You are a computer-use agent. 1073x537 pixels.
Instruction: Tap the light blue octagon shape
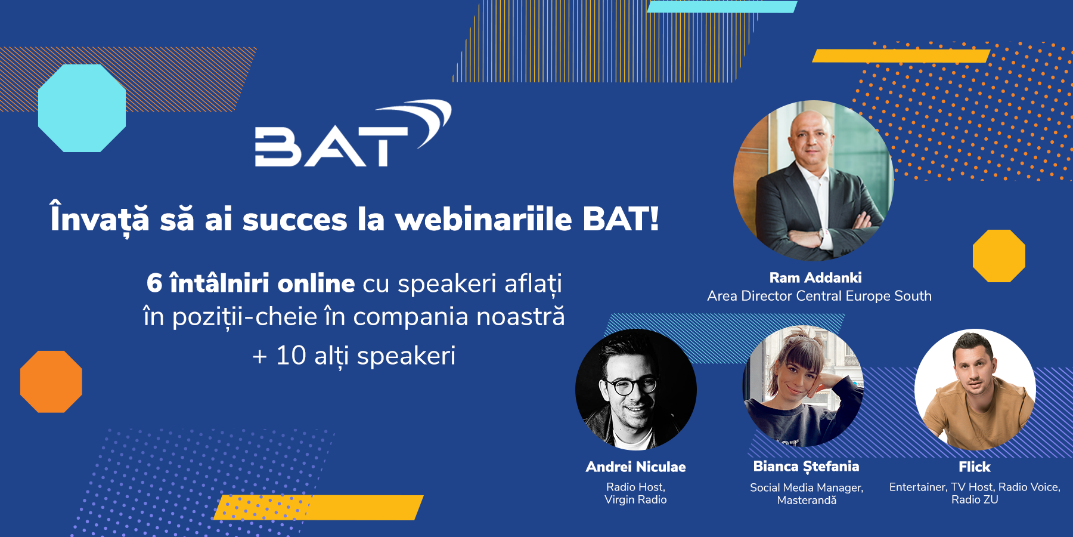(x=82, y=108)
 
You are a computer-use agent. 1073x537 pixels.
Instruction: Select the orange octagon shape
(x=51, y=382)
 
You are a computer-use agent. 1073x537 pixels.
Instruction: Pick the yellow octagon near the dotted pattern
(x=999, y=256)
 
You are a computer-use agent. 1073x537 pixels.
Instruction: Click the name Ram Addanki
(x=815, y=277)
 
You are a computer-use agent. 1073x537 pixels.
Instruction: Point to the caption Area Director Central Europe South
(x=819, y=296)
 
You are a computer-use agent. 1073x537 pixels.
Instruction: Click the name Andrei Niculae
(x=635, y=467)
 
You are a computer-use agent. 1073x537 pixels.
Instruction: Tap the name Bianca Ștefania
(x=806, y=467)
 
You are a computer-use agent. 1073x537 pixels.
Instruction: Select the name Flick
(x=975, y=467)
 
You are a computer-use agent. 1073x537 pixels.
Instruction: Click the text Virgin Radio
(x=635, y=500)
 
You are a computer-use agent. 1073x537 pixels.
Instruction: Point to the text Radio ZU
(x=975, y=500)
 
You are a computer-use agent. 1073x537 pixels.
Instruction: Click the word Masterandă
(x=807, y=500)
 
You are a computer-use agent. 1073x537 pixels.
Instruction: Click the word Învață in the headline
(x=100, y=219)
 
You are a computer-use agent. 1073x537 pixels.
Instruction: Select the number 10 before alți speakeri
(x=291, y=356)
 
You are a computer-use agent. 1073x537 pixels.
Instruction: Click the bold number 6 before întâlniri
(x=154, y=283)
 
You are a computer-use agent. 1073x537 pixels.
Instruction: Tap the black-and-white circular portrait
(x=636, y=389)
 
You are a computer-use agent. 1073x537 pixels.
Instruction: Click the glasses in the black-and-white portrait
(x=631, y=386)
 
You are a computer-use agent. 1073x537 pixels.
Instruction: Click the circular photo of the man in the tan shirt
(x=975, y=390)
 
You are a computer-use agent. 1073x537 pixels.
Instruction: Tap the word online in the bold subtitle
(x=316, y=283)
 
